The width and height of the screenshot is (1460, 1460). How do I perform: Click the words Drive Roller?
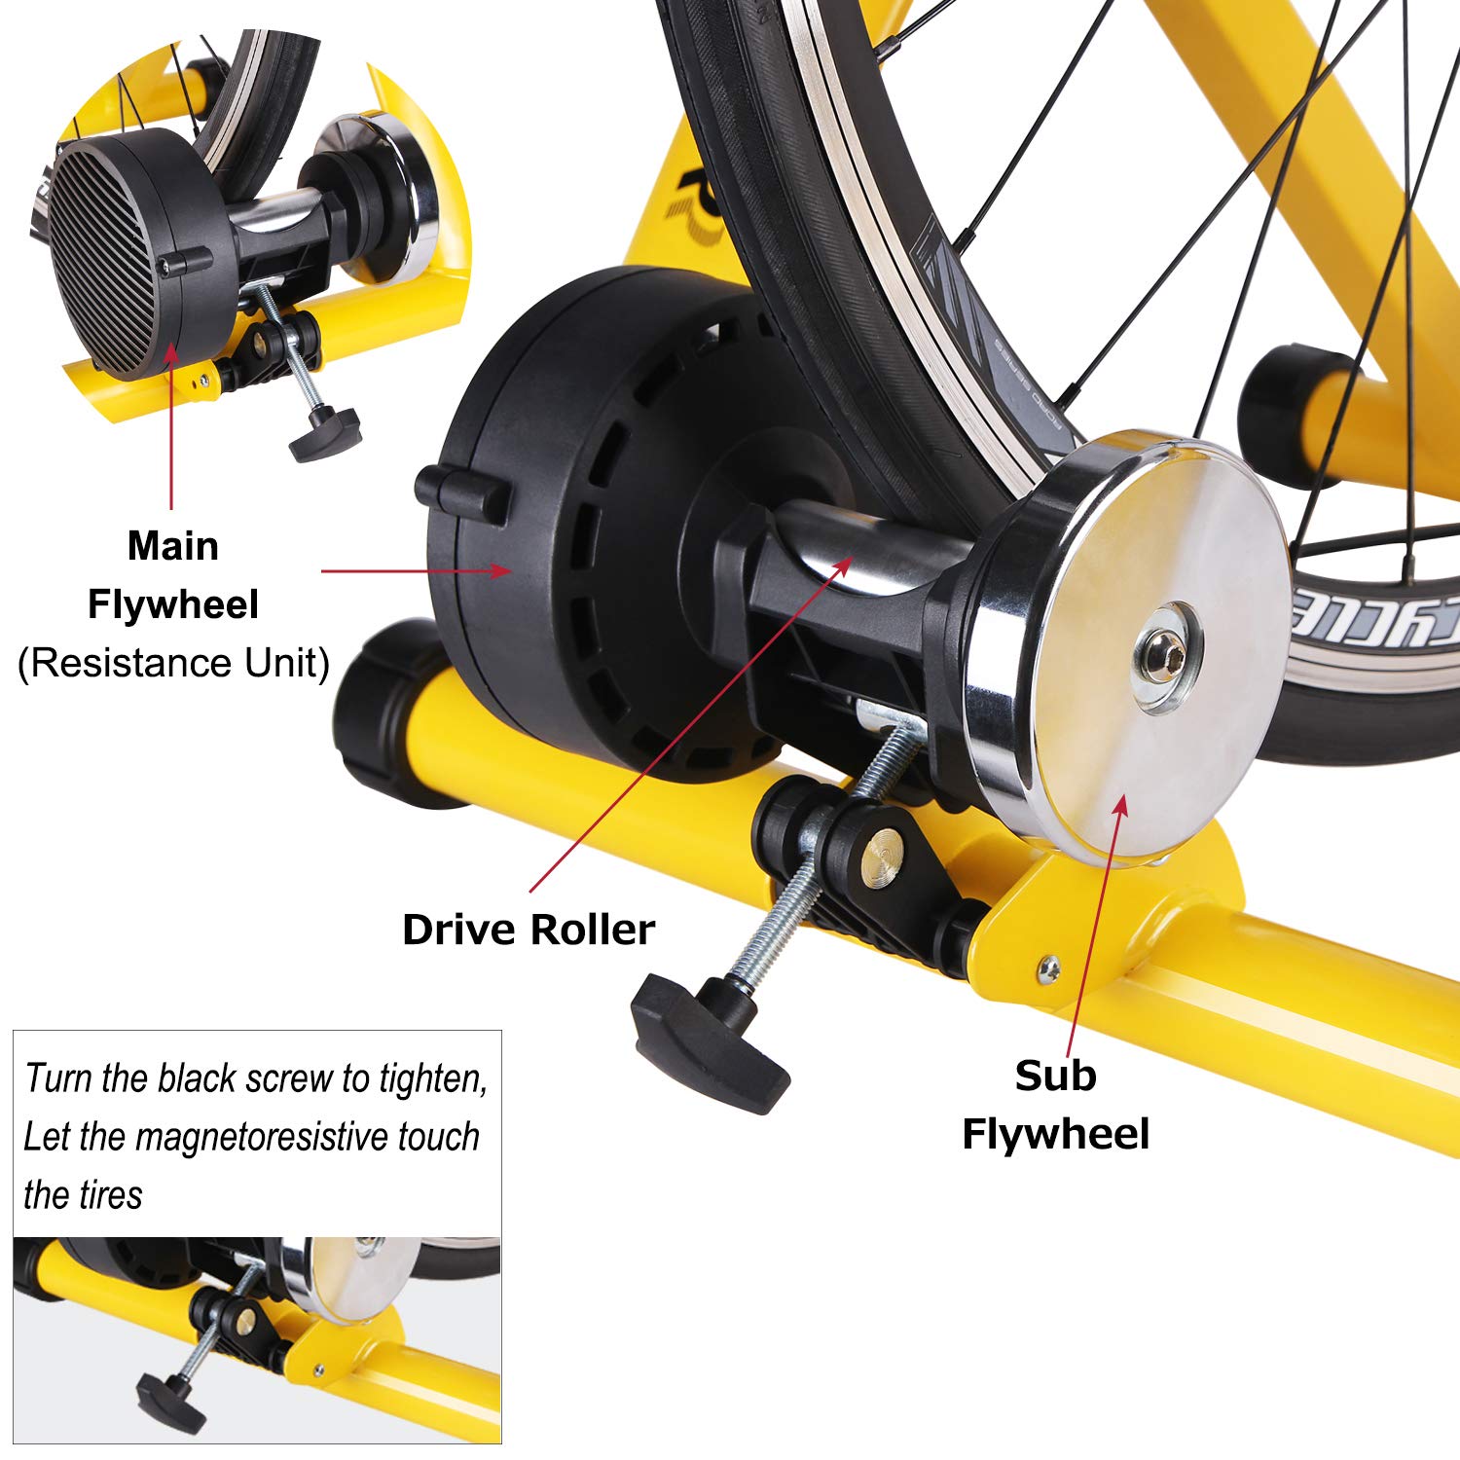(x=529, y=930)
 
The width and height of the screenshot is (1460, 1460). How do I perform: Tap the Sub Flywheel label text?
(x=1056, y=1105)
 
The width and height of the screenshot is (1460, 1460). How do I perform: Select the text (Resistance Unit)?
(x=174, y=663)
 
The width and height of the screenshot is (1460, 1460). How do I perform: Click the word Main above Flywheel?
(x=173, y=546)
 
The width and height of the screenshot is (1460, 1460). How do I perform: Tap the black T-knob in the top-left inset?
(x=324, y=429)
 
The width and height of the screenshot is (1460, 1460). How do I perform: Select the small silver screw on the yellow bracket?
(x=1049, y=967)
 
